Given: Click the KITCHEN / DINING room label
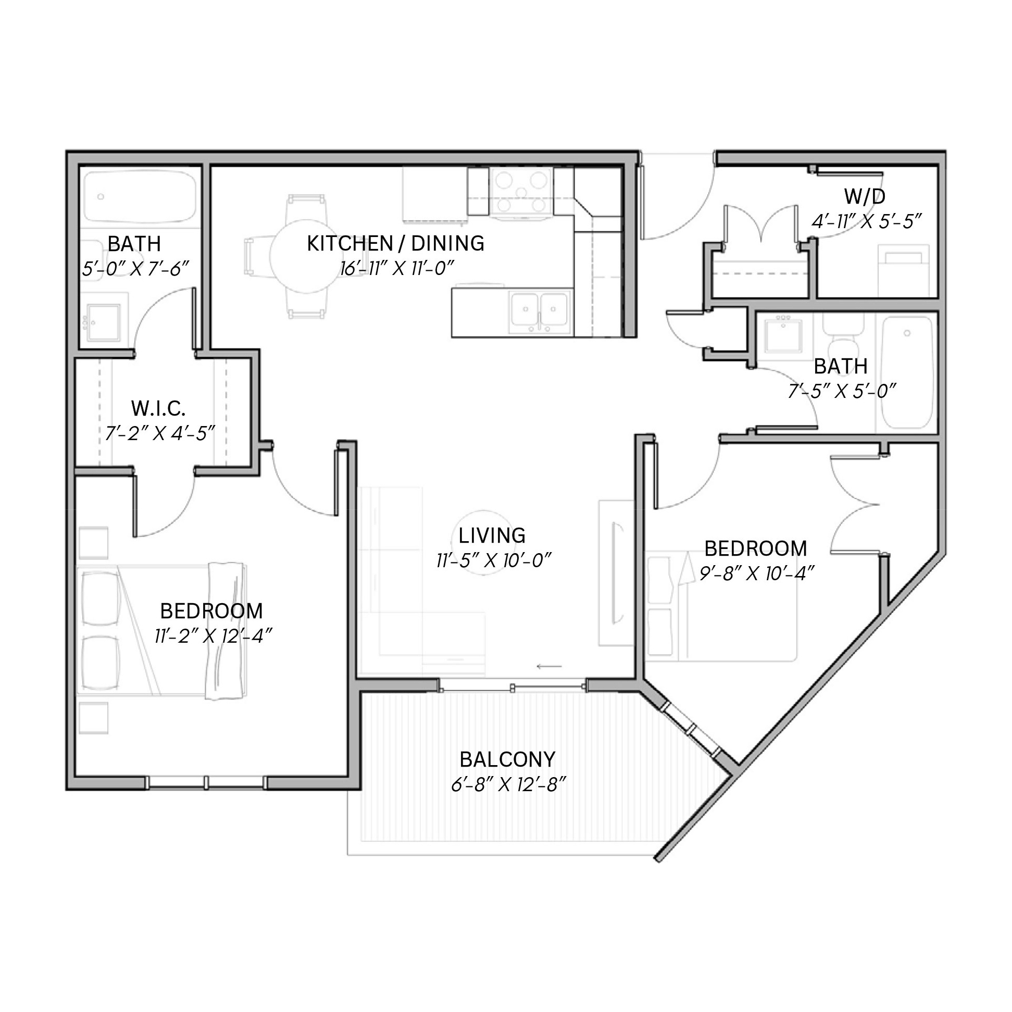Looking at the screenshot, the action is (395, 244).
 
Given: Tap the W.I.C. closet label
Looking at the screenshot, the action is (158, 408).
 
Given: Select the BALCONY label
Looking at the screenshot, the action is (508, 759).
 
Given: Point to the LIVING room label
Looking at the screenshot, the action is (492, 535).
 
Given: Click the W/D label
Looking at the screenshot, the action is (865, 196).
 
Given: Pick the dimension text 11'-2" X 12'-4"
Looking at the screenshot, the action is (213, 636).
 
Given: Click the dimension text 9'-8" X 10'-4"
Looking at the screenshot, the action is (757, 573).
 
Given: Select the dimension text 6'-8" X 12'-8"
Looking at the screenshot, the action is (509, 785).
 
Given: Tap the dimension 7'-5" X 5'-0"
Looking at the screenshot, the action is (842, 391).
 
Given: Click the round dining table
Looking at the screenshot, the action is (306, 256).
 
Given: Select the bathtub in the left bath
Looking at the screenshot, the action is (140, 197).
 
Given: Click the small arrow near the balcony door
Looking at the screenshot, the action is (549, 667).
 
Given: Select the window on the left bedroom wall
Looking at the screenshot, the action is (206, 783).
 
